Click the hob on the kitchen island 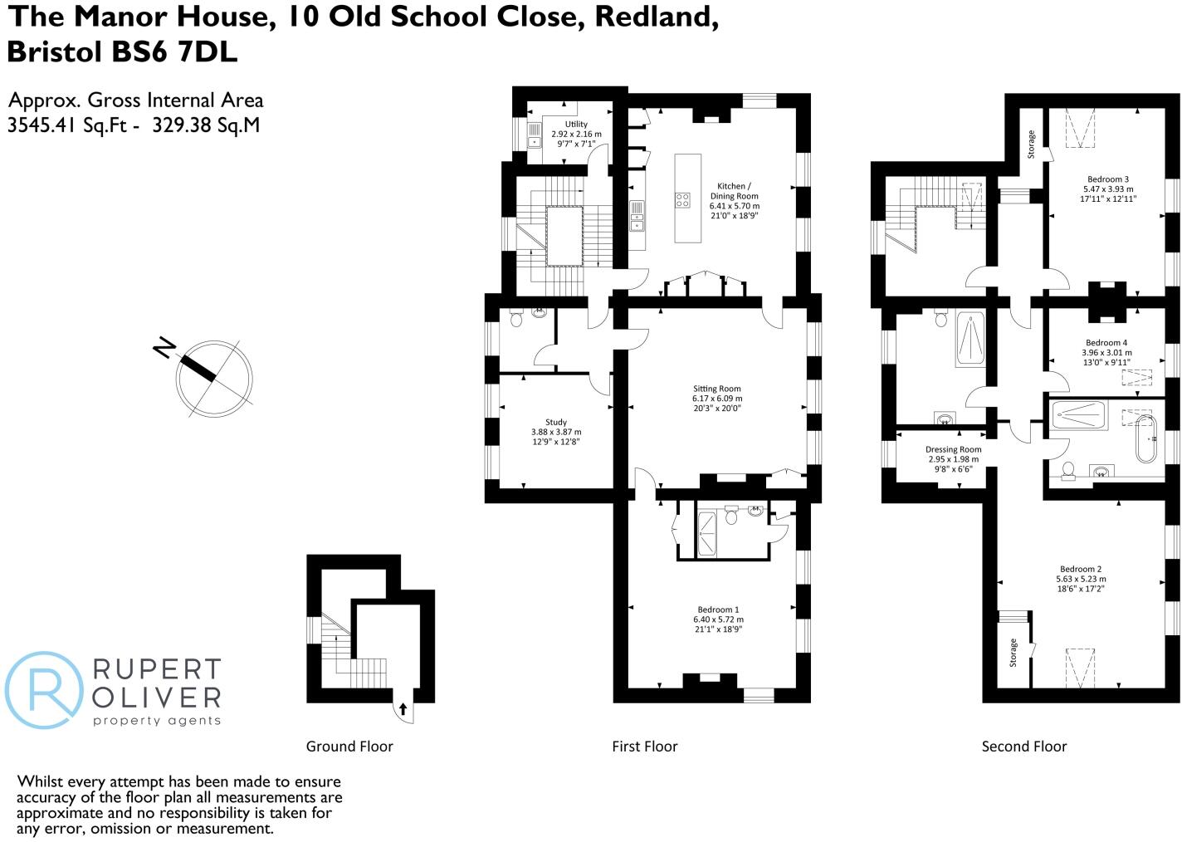coord(682,199)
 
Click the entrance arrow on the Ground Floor coord(403,708)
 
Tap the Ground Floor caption coord(349,747)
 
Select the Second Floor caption coord(1023,747)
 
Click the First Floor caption coord(644,747)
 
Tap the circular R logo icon coord(43,690)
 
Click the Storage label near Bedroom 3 coord(1032,144)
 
